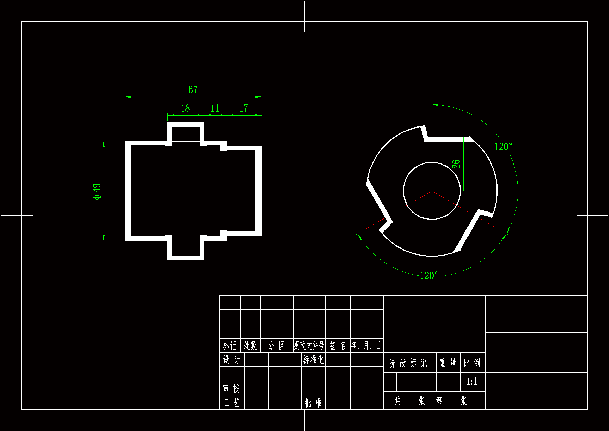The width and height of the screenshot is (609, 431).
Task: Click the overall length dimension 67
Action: tap(193, 89)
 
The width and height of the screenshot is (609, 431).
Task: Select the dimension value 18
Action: tap(185, 108)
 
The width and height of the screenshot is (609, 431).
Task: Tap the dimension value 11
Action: tap(215, 108)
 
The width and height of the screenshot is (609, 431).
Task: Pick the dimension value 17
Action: tap(243, 108)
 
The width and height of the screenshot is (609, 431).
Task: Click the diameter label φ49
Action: tap(97, 191)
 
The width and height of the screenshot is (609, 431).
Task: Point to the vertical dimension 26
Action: tap(456, 164)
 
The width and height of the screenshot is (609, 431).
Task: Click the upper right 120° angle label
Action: tap(503, 147)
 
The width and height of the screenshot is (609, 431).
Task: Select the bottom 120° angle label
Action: tap(429, 275)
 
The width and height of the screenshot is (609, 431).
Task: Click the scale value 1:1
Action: tap(472, 381)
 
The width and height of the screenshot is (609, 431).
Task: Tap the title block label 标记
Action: tap(229, 345)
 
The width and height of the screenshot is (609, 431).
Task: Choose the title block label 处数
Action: tap(250, 345)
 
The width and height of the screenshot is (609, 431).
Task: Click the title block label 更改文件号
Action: tap(309, 345)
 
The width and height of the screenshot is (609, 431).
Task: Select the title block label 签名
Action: tap(337, 345)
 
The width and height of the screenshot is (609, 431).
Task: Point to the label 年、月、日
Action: tap(366, 345)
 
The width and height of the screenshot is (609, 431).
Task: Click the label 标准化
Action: tap(313, 360)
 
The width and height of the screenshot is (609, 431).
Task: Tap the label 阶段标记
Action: tap(408, 363)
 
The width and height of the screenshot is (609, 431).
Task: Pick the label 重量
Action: tap(448, 363)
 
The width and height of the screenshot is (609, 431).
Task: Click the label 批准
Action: tap(313, 403)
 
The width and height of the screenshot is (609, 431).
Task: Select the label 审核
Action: tap(231, 388)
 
